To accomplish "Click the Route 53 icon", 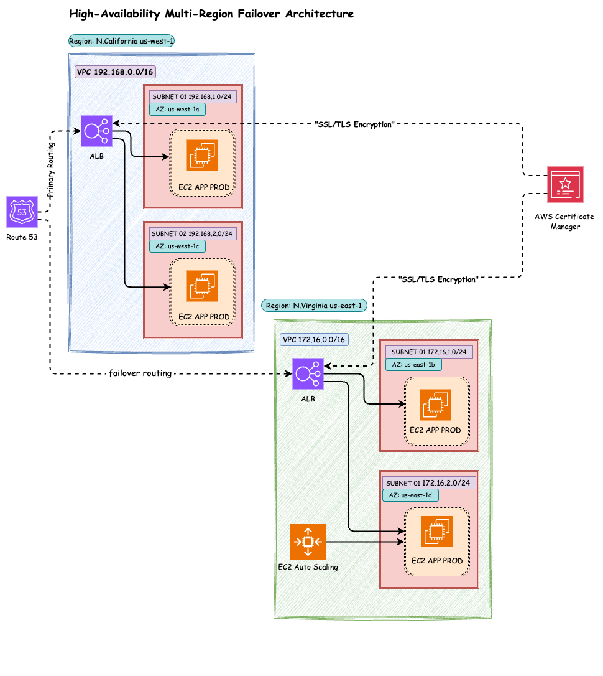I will (22, 212).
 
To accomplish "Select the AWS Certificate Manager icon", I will (565, 184).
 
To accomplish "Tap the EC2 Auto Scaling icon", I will (308, 542).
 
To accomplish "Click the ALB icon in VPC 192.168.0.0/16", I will (96, 131).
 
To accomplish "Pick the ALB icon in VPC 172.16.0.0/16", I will (308, 373).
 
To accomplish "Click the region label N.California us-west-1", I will (122, 42).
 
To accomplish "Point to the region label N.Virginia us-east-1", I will (313, 306).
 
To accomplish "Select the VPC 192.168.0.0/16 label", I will (115, 72).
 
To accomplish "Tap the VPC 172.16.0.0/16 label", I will (314, 340).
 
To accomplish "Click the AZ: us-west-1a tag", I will (177, 110).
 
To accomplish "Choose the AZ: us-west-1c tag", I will (177, 246).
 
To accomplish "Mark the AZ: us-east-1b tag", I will (413, 365).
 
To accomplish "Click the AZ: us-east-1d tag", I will (411, 495).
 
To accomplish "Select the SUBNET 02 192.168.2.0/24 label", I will (192, 233).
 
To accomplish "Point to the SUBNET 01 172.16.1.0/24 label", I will (429, 352).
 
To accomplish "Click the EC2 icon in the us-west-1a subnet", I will (202, 155).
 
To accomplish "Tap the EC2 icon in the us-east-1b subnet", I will (435, 405).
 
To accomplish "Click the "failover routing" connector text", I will (140, 373).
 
